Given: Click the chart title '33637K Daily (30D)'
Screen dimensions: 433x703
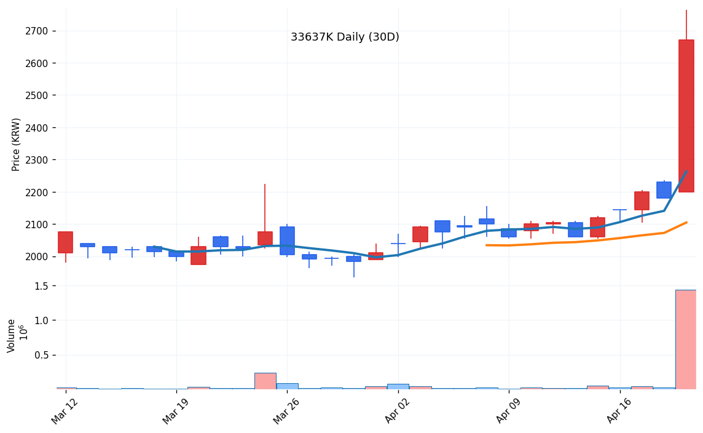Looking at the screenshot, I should tap(345, 38).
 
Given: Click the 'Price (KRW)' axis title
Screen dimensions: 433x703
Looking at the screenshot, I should tap(17, 145).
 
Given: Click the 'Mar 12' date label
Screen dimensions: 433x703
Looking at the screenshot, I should tap(65, 410).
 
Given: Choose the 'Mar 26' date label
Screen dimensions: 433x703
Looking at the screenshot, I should tap(286, 410).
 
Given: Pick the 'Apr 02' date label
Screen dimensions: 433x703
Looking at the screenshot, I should tap(397, 410).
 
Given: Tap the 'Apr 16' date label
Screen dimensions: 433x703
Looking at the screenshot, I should tap(619, 410).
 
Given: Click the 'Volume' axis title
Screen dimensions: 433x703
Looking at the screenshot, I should tap(12, 335).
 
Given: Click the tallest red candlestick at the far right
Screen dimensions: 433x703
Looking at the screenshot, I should tap(686, 116).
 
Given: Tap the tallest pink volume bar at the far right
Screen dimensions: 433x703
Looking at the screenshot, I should tap(686, 340).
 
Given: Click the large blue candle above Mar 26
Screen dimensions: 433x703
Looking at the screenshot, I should tap(287, 240).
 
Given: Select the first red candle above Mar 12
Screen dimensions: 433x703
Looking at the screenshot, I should tap(65, 242).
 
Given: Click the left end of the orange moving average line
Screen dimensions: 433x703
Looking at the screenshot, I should tap(487, 245).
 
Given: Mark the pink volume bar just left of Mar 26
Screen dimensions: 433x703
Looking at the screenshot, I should tap(265, 381).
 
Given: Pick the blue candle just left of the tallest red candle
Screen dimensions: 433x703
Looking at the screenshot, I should tap(664, 190).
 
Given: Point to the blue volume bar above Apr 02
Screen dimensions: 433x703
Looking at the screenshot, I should tap(398, 387).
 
